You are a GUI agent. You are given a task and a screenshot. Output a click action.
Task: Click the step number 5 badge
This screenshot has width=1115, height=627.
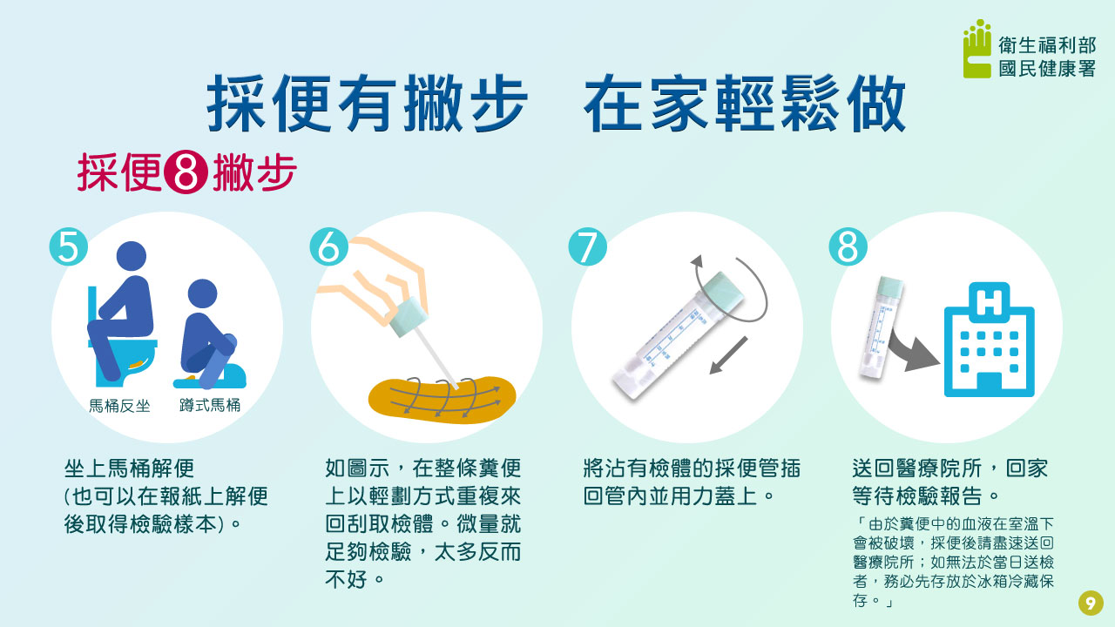69,246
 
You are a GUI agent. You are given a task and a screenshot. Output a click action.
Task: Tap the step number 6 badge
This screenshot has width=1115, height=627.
328,246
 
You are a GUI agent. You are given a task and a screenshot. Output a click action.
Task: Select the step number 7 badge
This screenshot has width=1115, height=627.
587,246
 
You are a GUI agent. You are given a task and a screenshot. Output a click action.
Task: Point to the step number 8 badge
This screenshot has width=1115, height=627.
848,246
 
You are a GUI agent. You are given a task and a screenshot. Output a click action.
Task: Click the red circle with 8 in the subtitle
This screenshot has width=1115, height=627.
186,172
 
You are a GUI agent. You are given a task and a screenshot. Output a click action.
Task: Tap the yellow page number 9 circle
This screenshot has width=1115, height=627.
1091,603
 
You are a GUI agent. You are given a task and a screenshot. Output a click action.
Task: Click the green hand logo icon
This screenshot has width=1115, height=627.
977,49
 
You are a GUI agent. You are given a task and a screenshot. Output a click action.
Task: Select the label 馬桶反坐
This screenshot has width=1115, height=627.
119,406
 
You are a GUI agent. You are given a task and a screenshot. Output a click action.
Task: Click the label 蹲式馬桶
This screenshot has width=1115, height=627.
210,405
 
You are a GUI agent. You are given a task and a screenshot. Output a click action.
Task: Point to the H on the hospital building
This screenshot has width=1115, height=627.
989,301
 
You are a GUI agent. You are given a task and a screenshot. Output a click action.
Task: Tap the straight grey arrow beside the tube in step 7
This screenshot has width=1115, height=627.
728,355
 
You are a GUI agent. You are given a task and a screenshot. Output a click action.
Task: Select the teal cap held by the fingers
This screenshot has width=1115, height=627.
409,316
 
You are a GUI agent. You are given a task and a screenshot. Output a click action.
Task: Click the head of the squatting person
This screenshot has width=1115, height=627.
203,293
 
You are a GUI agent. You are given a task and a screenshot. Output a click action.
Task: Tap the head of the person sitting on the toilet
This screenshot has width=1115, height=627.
132,256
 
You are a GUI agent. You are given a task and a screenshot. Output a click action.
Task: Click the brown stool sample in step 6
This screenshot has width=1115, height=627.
442,400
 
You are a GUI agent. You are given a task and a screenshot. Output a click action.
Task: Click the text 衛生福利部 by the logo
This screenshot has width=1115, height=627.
1047,46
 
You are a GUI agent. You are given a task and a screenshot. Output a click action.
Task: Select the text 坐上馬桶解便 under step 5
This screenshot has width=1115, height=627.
129,469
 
